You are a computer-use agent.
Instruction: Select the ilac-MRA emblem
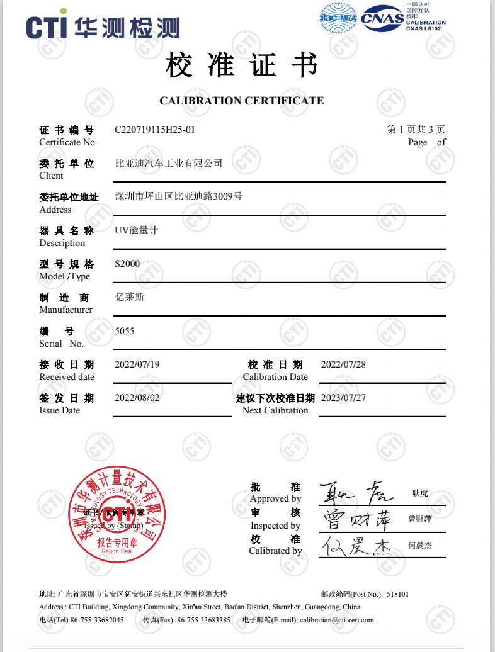coord(339,18)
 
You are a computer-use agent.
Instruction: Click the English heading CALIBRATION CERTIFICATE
coord(242,101)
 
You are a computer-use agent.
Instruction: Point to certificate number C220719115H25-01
coord(155,130)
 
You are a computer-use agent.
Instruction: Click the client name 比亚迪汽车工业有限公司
coord(169,164)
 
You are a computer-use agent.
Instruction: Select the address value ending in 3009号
coord(179,196)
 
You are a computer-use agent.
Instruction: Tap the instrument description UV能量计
coord(136,230)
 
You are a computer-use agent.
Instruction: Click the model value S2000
coord(127,264)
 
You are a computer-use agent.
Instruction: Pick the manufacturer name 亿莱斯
coord(129,296)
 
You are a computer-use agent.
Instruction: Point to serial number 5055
coord(124,330)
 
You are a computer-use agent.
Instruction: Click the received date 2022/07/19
coord(137,364)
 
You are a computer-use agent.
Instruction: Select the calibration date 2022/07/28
coord(343,364)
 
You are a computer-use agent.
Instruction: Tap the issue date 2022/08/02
coord(137,398)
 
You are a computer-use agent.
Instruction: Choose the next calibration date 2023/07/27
coord(343,398)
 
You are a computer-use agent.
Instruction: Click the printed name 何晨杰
coord(420,546)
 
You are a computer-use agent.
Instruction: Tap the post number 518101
coord(397,593)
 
